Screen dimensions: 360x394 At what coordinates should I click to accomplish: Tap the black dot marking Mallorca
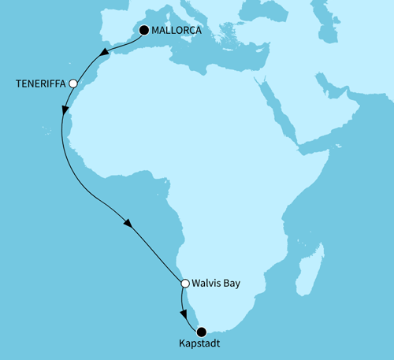(x=144, y=31)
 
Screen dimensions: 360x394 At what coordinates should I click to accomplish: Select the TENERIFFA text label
(x=40, y=83)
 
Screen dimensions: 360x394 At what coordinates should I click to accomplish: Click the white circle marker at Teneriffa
(x=73, y=83)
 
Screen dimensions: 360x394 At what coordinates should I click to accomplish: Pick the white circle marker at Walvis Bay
(x=184, y=283)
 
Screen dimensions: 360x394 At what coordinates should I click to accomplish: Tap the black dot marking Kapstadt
(x=202, y=332)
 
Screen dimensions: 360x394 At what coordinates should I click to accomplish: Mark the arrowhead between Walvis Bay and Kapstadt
(x=186, y=313)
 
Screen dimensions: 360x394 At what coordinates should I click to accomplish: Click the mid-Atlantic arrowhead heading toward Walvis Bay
(x=128, y=223)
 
